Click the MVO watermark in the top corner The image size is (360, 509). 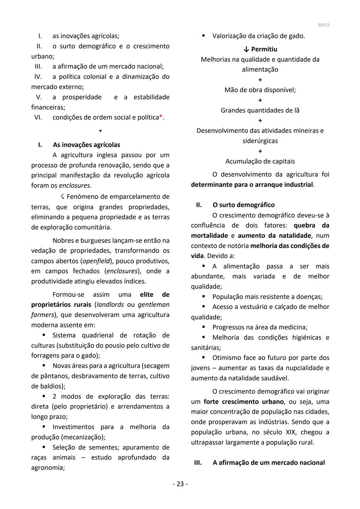323,25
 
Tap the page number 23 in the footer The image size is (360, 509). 180,484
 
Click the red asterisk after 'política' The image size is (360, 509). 161,117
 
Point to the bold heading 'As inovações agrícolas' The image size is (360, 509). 86,145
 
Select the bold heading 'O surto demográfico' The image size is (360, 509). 243,205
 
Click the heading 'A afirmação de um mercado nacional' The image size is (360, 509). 268,463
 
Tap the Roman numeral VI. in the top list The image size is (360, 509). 38,117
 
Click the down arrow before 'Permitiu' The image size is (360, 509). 246,49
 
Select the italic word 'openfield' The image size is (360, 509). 96,261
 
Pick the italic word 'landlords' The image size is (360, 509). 110,305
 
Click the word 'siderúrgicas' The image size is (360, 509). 260,141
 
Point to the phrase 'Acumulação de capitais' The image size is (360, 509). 260,161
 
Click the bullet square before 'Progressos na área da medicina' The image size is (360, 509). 203,327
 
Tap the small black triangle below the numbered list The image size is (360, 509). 100,131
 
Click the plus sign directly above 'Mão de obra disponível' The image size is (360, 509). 260,80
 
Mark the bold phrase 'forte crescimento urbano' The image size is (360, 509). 244,402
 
